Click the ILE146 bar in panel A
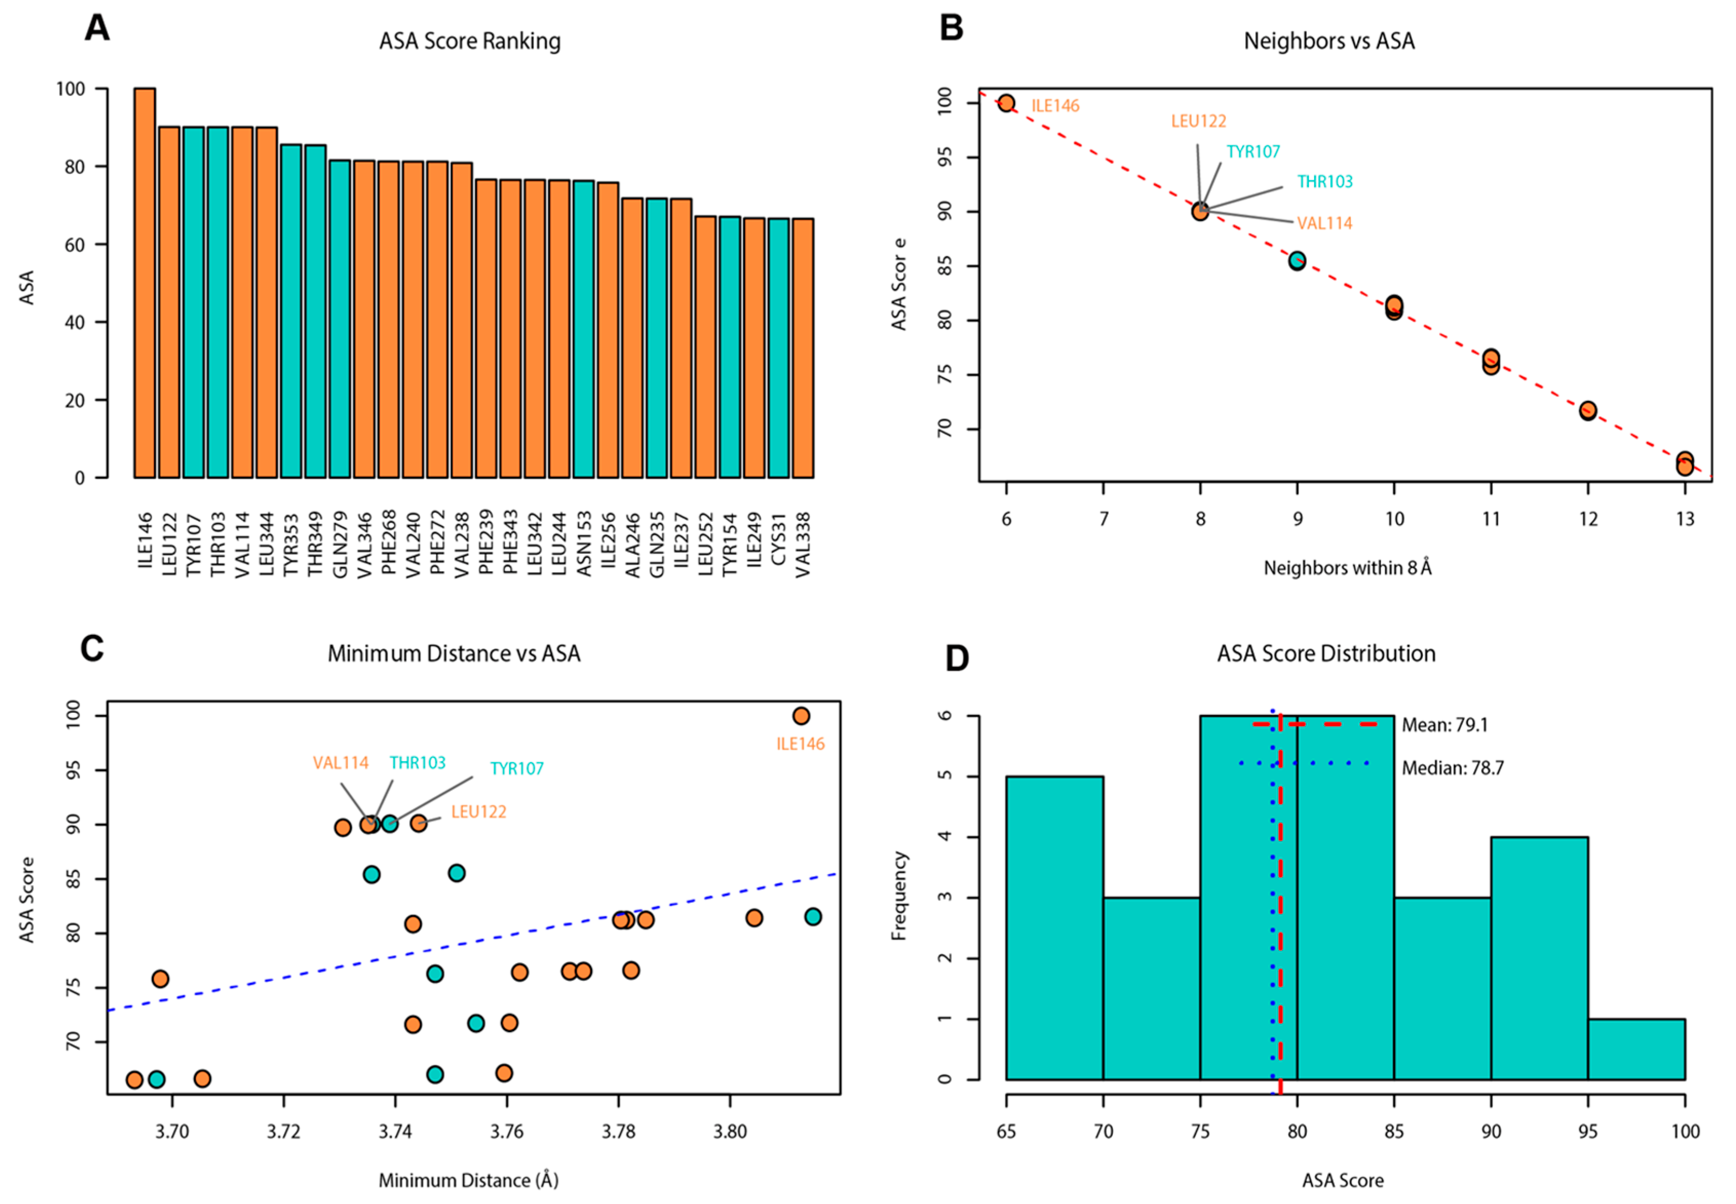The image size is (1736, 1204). tap(144, 283)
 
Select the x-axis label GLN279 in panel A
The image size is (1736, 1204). tap(340, 545)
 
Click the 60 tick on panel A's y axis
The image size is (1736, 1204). tap(75, 244)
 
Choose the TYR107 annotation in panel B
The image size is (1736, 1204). tap(1252, 151)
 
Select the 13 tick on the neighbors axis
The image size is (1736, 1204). tap(1685, 519)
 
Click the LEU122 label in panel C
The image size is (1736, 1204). tap(478, 812)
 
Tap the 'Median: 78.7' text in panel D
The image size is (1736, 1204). tap(1452, 768)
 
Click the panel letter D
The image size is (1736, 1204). tap(957, 658)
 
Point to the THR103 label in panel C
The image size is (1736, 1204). tap(417, 763)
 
